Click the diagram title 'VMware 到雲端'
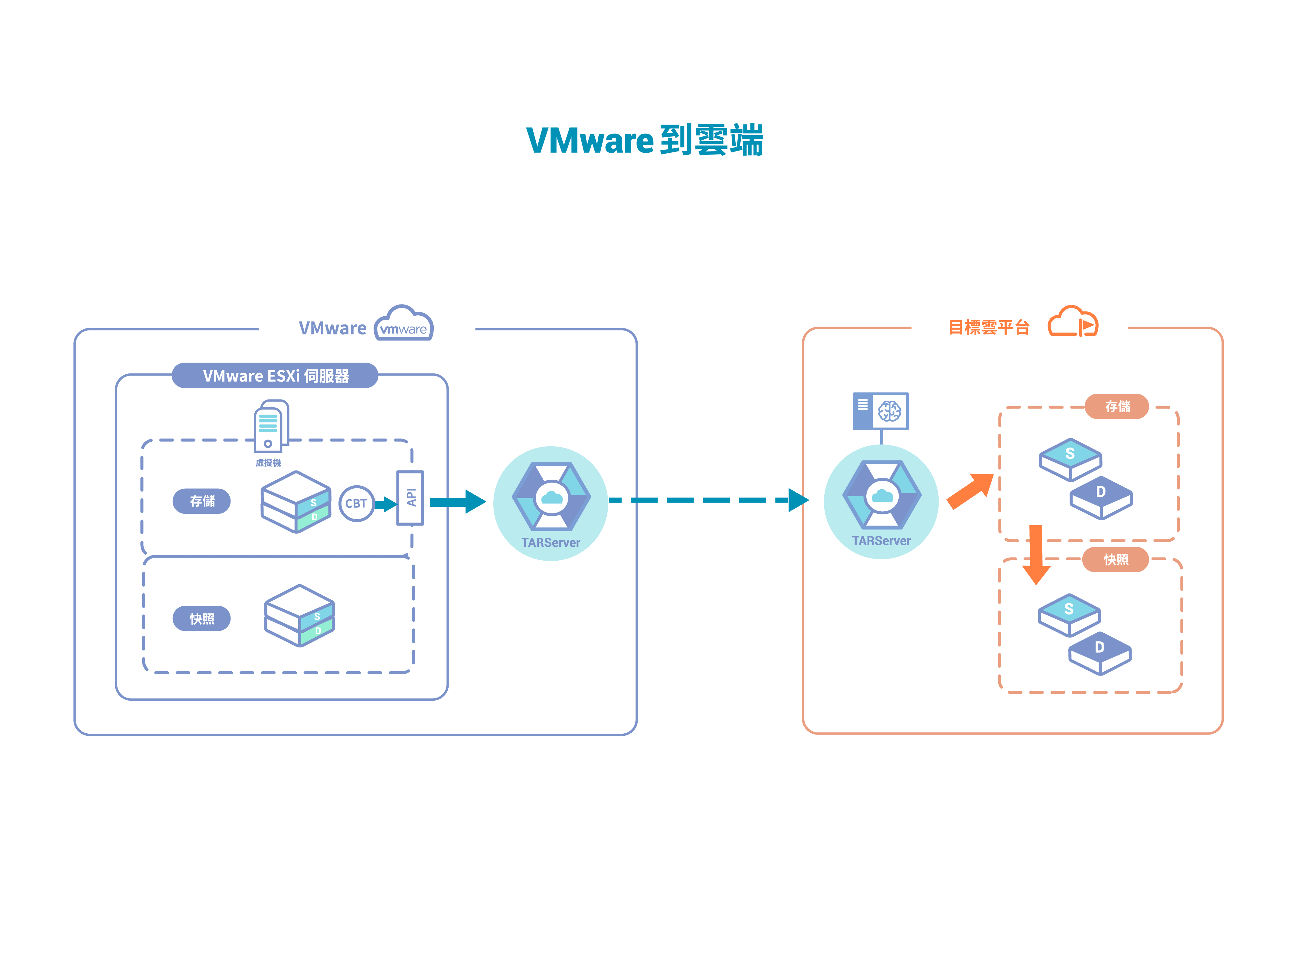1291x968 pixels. [x=644, y=141]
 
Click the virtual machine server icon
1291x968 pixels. [x=270, y=426]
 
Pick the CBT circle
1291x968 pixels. [x=356, y=503]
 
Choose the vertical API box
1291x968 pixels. [x=410, y=498]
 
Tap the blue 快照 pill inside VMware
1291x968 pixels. [x=202, y=618]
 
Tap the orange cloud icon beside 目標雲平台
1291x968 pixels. [x=1073, y=322]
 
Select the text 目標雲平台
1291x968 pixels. [x=989, y=327]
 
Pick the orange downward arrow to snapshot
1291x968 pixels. [x=1036, y=554]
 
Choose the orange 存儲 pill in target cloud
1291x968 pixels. [x=1117, y=406]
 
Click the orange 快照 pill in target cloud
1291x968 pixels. [x=1116, y=559]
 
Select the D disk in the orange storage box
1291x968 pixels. [x=1101, y=498]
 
